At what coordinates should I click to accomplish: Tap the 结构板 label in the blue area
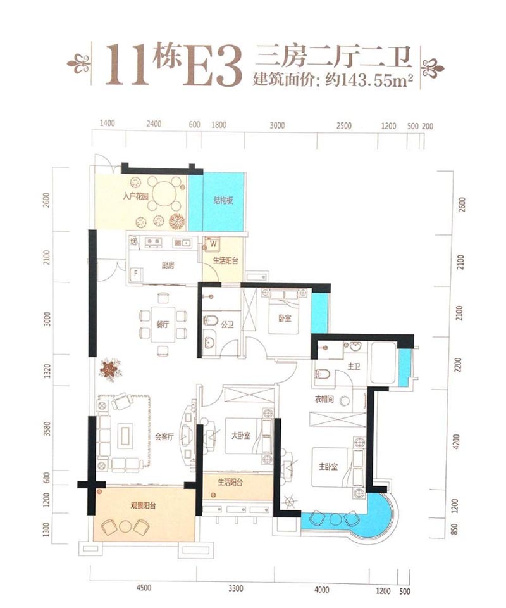(x=223, y=201)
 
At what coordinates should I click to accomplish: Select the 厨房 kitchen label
(x=168, y=265)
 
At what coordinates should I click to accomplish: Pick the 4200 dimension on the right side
(x=459, y=441)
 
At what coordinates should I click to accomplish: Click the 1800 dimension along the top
(x=219, y=125)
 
